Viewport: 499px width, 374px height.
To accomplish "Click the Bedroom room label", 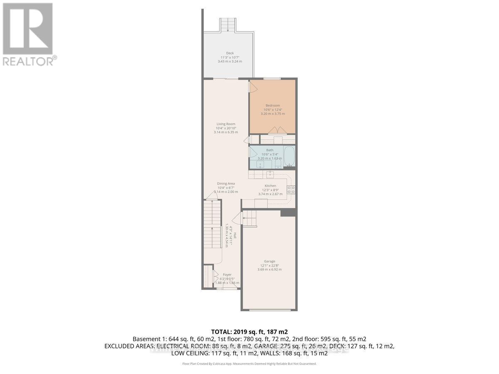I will click(x=272, y=106).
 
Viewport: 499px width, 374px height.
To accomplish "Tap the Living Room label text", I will click(x=226, y=124).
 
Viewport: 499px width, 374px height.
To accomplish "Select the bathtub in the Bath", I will click(x=289, y=157).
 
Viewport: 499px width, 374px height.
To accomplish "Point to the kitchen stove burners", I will click(x=292, y=190).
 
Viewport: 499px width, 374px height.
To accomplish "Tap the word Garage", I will click(x=269, y=261).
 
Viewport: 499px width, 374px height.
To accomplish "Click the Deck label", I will click(x=230, y=53).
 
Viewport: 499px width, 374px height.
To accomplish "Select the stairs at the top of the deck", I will click(x=227, y=25).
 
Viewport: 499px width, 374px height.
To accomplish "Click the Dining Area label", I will click(x=226, y=183).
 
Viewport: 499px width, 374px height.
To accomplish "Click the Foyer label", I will click(x=227, y=275).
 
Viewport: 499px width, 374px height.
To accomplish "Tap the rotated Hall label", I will click(x=235, y=236).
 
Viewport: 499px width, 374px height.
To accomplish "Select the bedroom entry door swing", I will click(x=252, y=86).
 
